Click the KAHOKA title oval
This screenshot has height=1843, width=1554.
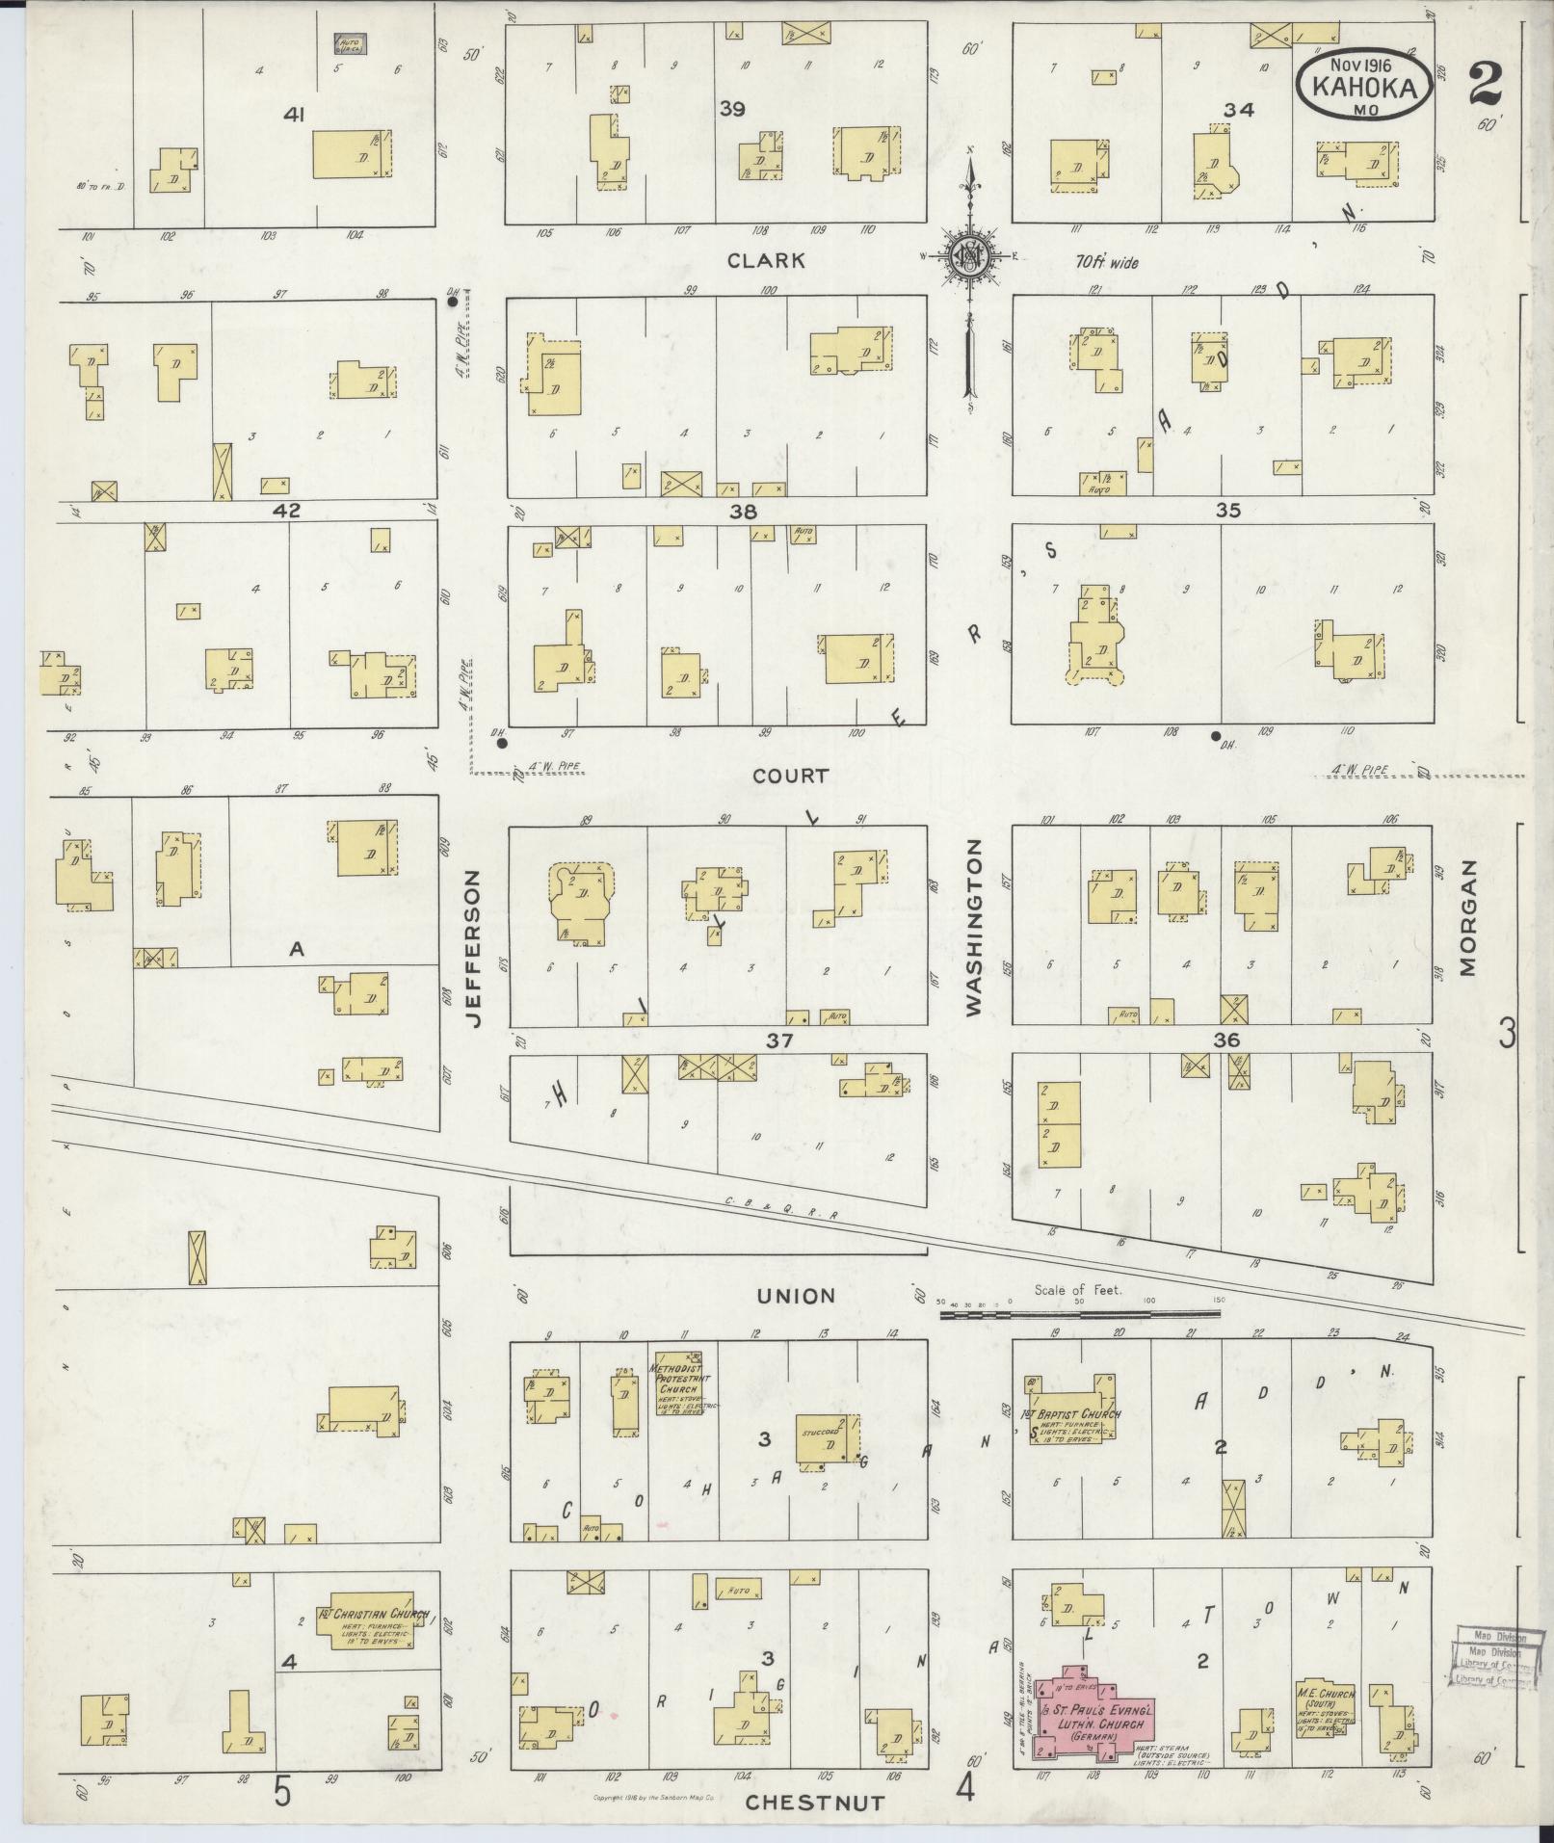[1361, 87]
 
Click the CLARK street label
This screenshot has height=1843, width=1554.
[766, 261]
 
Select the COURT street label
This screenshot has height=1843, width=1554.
[791, 776]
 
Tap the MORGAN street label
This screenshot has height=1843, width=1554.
[1467, 918]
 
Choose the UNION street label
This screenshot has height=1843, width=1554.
[796, 1296]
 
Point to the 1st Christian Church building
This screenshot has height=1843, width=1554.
[373, 1619]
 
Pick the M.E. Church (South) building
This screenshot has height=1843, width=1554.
[1327, 1710]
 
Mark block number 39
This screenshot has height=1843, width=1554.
[732, 109]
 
